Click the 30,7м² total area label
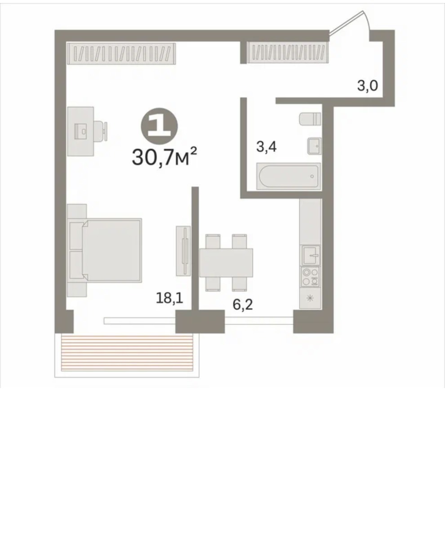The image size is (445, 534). click(x=165, y=157)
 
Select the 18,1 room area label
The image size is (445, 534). click(x=169, y=298)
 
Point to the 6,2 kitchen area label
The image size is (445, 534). click(x=243, y=304)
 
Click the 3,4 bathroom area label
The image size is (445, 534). click(x=266, y=147)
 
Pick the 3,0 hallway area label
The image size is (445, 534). click(x=367, y=85)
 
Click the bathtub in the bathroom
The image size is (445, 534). click(x=289, y=176)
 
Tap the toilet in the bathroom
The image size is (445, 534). click(x=310, y=119)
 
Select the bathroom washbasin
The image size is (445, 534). click(x=314, y=146)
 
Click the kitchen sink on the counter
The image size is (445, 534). click(x=310, y=255)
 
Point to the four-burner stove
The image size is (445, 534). click(x=310, y=276)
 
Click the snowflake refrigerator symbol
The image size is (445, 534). click(x=310, y=298)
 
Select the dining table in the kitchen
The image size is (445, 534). click(x=226, y=263)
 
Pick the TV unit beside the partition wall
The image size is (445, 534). click(x=184, y=251)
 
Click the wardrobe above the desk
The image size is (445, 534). click(x=121, y=53)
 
